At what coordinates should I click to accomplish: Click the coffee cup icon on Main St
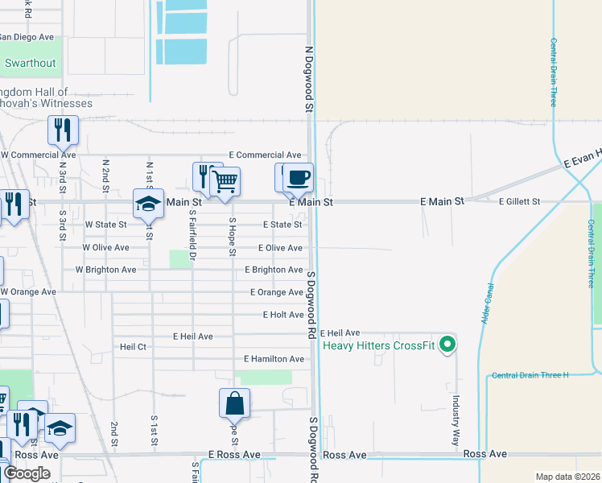tap(298, 179)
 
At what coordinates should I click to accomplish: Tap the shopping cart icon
tap(225, 182)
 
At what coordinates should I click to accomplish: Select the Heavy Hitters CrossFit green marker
tap(450, 346)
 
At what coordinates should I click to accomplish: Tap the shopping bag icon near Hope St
tap(234, 404)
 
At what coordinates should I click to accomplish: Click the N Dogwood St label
tap(308, 78)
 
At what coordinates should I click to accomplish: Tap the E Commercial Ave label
tap(265, 155)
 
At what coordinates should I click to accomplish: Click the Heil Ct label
tap(133, 347)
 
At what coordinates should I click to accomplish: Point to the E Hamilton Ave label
tap(274, 359)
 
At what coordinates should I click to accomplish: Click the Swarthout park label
tap(31, 63)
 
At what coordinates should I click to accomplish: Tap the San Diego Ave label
tap(26, 37)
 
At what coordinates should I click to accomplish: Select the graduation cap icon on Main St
tap(149, 204)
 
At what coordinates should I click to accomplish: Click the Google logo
tap(27, 473)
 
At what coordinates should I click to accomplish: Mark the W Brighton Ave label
tap(106, 270)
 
